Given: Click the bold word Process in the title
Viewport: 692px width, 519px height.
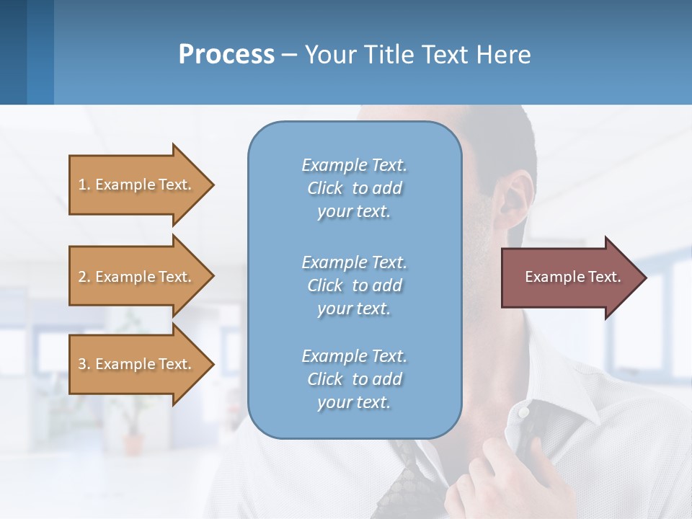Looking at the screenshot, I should (x=226, y=54).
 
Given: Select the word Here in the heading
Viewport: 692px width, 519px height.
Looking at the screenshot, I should (x=502, y=54).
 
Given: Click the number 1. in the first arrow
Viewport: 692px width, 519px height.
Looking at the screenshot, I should (x=84, y=185).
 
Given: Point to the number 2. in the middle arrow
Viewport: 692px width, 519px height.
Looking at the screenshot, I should (x=84, y=277).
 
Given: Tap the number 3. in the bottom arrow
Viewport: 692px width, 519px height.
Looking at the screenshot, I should (x=84, y=364).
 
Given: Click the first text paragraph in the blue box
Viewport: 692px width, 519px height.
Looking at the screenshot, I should (x=354, y=188).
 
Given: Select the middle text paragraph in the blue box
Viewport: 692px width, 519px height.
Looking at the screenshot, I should (x=354, y=285).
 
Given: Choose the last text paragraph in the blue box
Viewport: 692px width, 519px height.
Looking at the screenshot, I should (x=354, y=379).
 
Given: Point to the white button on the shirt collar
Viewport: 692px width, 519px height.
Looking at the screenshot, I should (x=524, y=412).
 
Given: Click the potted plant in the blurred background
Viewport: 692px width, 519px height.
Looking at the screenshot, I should (x=133, y=425).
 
